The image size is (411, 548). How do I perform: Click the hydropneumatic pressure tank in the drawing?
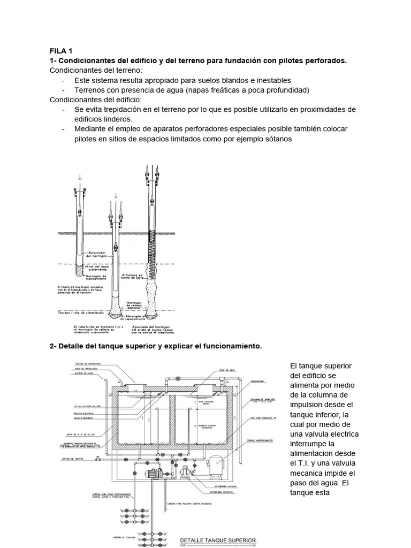(x=217, y=463)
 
